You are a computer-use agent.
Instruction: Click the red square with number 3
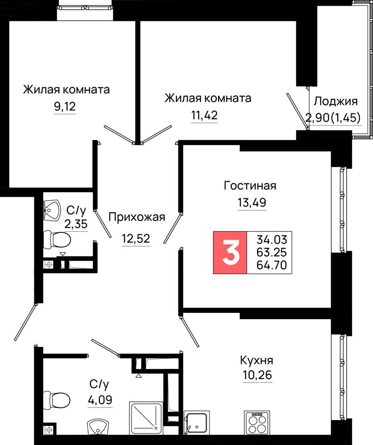pyautogui.click(x=230, y=253)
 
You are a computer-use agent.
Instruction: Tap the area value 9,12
pyautogui.click(x=65, y=107)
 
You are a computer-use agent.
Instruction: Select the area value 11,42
pyautogui.click(x=205, y=116)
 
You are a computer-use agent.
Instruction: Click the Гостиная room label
pyautogui.click(x=250, y=186)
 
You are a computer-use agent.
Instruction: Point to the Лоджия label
pyautogui.click(x=336, y=101)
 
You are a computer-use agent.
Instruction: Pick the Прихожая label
pyautogui.click(x=137, y=217)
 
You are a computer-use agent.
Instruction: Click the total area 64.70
pyautogui.click(x=271, y=265)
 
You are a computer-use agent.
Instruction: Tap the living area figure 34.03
pyautogui.click(x=272, y=239)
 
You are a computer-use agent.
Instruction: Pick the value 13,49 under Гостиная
pyautogui.click(x=252, y=202)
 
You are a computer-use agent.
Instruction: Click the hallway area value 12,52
pyautogui.click(x=136, y=239)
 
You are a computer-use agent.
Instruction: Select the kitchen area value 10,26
pyautogui.click(x=257, y=375)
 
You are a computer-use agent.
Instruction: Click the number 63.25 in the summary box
pyautogui.click(x=271, y=252)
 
